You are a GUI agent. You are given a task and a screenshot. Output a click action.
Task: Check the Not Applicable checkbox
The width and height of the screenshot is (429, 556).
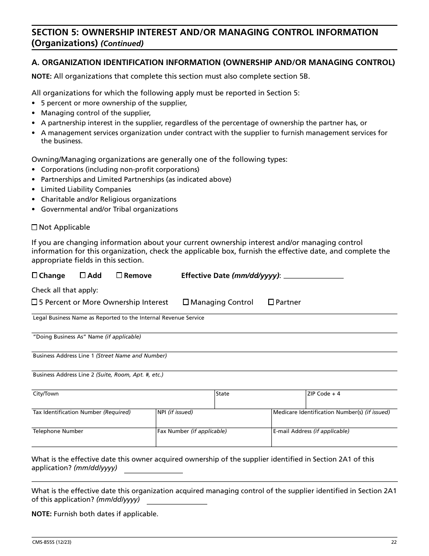click(34, 227)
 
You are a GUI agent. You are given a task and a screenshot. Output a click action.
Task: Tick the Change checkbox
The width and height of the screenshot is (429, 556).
click(34, 275)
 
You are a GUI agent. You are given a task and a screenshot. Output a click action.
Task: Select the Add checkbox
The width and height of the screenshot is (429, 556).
click(83, 275)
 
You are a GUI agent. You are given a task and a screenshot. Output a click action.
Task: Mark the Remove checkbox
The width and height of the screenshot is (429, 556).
click(119, 275)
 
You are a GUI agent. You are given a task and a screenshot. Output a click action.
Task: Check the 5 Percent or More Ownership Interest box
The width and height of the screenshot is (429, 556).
click(34, 302)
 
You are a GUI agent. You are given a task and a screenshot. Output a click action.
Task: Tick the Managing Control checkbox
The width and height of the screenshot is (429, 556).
click(186, 302)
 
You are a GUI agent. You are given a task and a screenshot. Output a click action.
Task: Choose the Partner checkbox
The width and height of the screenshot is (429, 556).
click(271, 302)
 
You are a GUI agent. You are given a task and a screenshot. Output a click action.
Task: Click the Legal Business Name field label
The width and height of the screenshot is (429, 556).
click(118, 318)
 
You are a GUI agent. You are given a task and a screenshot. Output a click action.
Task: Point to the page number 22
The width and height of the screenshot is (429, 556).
click(394, 542)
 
